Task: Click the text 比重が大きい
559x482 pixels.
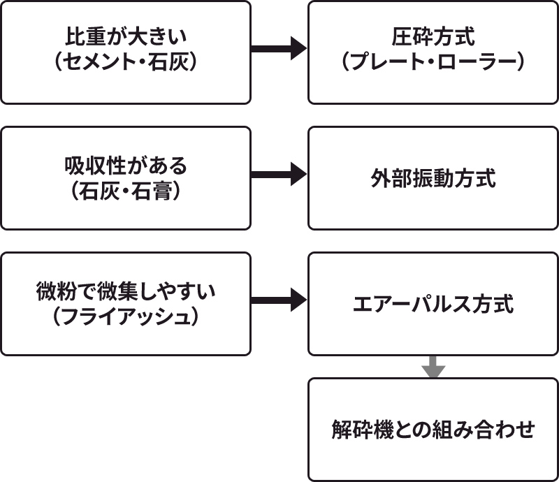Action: pos(125,36)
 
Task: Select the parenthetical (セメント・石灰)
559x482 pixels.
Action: pos(125,61)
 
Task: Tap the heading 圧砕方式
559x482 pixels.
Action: pos(433,36)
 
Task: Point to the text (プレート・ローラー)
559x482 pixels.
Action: pos(433,61)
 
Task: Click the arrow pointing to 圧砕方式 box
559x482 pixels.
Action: pos(279,49)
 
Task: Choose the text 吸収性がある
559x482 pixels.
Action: pos(125,166)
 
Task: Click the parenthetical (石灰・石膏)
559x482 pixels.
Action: pos(125,191)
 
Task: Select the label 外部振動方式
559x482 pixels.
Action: pos(433,178)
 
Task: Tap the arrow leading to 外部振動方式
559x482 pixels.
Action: pos(279,175)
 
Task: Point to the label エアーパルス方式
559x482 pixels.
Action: pos(433,305)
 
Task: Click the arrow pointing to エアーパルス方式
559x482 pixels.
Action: pos(279,300)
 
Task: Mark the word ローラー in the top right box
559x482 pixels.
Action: pos(484,61)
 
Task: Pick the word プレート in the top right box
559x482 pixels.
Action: pos(393,61)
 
